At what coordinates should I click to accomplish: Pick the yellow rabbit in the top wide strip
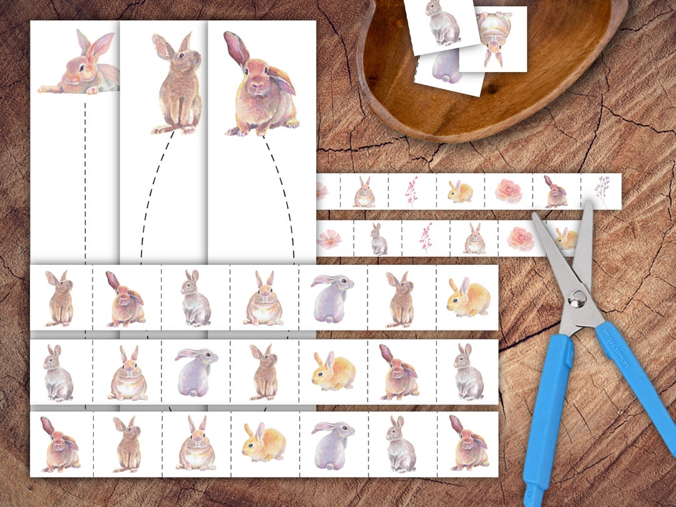469,297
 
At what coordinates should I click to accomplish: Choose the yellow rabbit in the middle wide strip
334,371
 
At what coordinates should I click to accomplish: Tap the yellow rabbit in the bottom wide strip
264,442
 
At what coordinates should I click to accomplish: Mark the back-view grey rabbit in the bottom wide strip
333,443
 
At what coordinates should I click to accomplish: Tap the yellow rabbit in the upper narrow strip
460,191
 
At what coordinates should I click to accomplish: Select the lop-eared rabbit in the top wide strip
126,299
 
